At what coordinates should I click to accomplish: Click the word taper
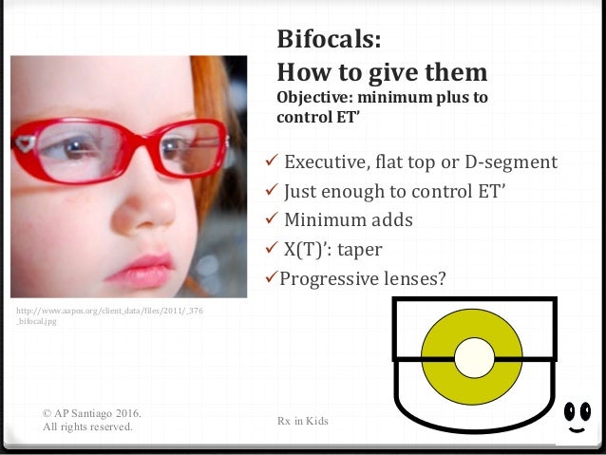(x=364, y=250)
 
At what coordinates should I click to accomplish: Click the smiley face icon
(x=577, y=417)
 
